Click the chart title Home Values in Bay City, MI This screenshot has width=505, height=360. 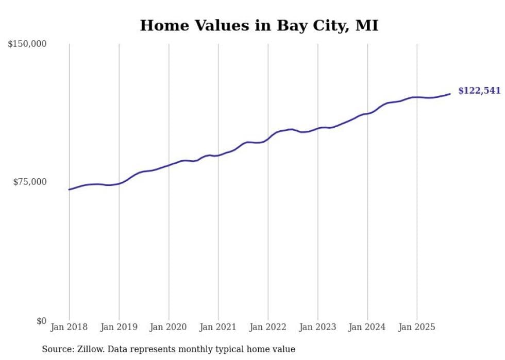coord(259,25)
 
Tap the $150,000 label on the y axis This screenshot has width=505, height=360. coord(27,44)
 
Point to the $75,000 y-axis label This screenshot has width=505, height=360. coord(30,182)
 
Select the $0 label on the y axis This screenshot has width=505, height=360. coord(41,321)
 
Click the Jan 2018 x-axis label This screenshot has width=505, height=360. coord(69,327)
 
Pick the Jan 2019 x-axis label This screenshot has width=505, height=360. coord(119,327)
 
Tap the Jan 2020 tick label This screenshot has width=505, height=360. coord(169,327)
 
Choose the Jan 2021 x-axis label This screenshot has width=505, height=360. coord(218,327)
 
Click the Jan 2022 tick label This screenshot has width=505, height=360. coord(268,327)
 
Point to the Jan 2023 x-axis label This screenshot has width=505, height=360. coord(317,327)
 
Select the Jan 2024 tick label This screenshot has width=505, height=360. coord(367,327)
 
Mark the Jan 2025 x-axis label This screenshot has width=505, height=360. coord(417,327)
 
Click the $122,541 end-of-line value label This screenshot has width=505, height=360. coord(479,91)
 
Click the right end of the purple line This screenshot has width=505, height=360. coord(450,94)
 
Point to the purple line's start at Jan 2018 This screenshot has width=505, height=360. coord(69,190)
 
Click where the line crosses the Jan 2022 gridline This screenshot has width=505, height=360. coord(268,139)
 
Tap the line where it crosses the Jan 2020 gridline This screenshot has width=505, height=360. coord(169,165)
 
